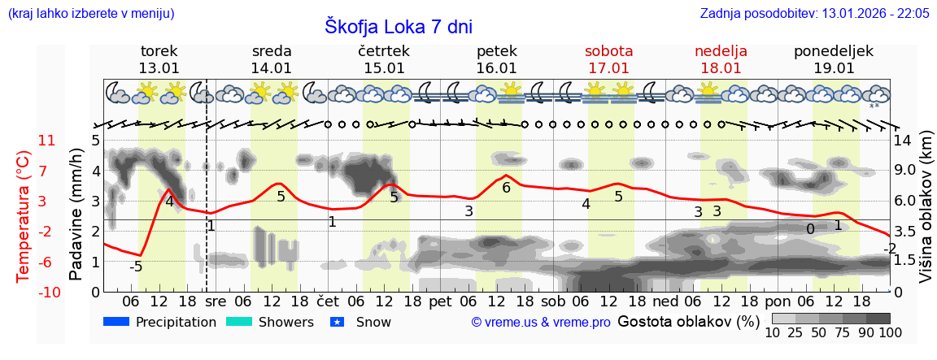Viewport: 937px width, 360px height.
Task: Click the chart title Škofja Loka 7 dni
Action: coord(398,26)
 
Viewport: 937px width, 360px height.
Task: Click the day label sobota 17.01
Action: coord(608,59)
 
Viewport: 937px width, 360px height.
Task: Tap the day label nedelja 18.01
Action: coord(721,59)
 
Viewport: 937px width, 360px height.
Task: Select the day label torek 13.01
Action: coord(159,59)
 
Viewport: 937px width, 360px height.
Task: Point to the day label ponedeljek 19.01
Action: coord(834,59)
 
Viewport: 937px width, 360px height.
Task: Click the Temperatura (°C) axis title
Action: coord(25,215)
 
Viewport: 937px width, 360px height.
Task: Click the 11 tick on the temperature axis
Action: coord(47,141)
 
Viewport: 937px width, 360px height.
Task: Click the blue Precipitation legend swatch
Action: coord(117,323)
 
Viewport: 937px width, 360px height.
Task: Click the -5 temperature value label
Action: coord(136,267)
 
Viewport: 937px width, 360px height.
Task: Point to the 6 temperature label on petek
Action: coord(506,188)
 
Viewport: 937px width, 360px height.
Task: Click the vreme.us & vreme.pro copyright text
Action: coord(541,323)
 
